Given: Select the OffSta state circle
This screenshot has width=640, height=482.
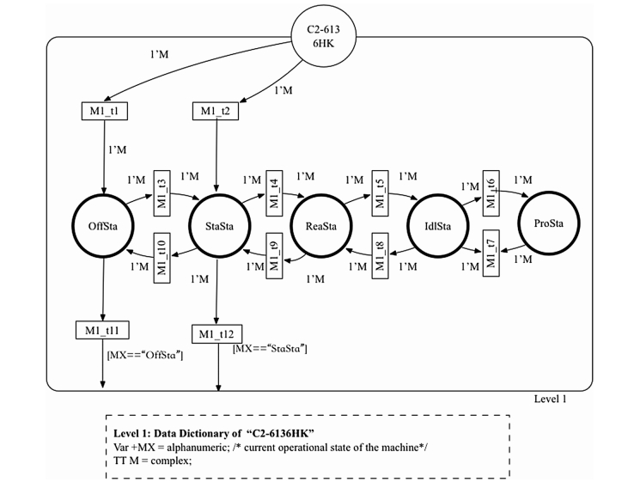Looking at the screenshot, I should pos(103,226).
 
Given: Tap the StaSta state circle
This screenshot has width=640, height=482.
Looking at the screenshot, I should pos(217,226).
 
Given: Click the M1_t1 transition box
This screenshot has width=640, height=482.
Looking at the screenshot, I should pos(104,111).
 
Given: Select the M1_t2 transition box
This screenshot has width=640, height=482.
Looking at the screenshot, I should pos(215,111).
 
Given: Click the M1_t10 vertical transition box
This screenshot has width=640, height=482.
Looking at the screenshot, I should pos(162,255).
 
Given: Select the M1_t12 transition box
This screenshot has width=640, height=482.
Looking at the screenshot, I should pos(216,333).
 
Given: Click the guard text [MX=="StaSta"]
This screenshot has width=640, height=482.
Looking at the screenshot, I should pos(270,349).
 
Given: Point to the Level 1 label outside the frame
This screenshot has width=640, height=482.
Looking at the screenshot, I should pos(550,399).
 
